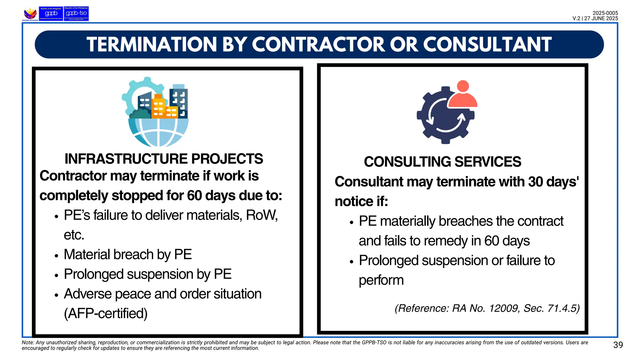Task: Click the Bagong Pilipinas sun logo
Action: pyautogui.click(x=30, y=13)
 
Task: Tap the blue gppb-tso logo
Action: pyautogui.click(x=76, y=14)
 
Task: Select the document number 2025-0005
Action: pyautogui.click(x=605, y=13)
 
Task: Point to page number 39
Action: pyautogui.click(x=618, y=345)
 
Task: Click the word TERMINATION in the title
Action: pyautogui.click(x=152, y=44)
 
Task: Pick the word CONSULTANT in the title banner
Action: pyautogui.click(x=487, y=44)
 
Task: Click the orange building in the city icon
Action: pyautogui.click(x=159, y=106)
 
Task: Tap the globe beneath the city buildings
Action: pyautogui.click(x=158, y=133)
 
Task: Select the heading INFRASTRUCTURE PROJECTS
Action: pyautogui.click(x=164, y=159)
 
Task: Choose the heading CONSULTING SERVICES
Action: pyautogui.click(x=442, y=162)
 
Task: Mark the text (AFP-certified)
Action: pyautogui.click(x=106, y=313)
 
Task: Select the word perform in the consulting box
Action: pyautogui.click(x=381, y=280)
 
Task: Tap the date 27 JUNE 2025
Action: pyautogui.click(x=601, y=18)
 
